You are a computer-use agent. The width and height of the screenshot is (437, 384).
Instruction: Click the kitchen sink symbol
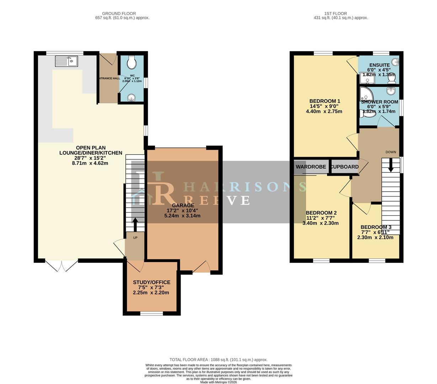click(66, 62)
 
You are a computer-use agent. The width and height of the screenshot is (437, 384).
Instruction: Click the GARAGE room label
click(183, 205)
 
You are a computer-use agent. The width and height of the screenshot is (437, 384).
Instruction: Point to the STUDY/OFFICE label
click(151, 282)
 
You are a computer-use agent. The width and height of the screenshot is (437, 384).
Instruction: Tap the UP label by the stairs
click(135, 238)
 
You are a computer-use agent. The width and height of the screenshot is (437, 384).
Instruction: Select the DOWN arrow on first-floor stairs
click(390, 166)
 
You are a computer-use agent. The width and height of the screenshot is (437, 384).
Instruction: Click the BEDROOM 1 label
click(325, 101)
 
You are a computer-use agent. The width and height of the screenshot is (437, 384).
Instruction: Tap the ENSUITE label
click(379, 65)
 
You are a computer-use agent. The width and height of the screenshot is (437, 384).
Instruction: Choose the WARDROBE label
click(311, 167)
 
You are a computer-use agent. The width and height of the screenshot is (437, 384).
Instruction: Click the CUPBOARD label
click(345, 167)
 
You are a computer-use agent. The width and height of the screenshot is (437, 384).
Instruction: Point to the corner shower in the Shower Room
click(366, 94)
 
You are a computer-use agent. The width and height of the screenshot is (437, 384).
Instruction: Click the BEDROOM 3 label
click(376, 227)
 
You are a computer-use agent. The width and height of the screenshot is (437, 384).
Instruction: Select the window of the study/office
click(151, 313)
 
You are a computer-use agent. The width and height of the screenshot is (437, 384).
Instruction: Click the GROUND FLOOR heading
click(119, 14)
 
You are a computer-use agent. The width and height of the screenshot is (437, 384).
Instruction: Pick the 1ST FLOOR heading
click(330, 14)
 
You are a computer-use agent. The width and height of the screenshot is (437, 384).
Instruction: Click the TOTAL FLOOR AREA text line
click(218, 359)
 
